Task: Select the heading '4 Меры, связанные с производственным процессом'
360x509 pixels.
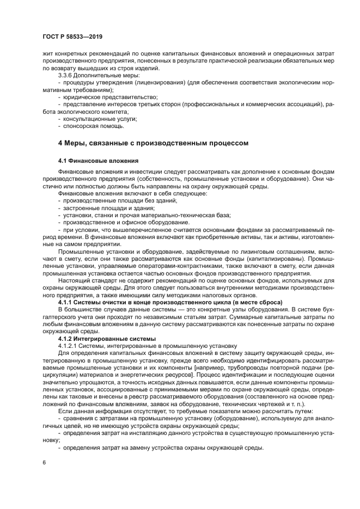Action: coord(153,144)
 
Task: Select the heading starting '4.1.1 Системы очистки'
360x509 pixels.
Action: coord(175,301)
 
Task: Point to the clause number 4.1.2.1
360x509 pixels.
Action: coord(69,345)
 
